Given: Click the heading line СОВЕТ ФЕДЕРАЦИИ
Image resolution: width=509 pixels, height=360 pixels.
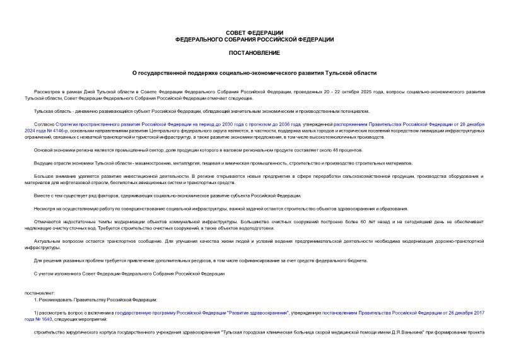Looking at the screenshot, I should point(254,32).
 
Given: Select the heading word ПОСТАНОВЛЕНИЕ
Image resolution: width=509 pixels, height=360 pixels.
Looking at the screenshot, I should point(254,52).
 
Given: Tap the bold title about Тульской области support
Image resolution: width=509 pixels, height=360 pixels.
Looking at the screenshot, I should point(254,73).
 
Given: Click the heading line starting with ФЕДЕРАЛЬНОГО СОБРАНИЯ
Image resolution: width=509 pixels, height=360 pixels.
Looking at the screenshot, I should point(254,39).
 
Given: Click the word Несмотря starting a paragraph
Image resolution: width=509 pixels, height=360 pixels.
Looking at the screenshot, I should point(45,209).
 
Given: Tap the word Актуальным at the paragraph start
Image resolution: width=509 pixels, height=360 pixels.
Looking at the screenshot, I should point(47,241).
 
